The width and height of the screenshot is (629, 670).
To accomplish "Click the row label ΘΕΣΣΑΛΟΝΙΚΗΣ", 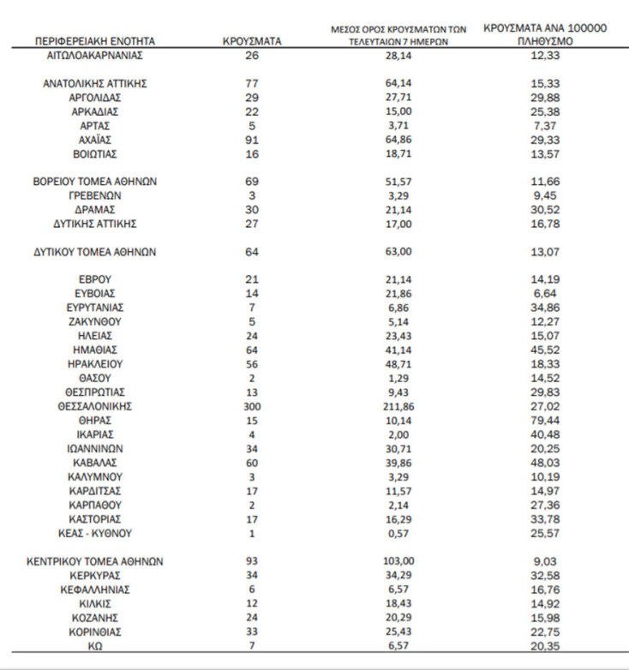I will pos(95,406).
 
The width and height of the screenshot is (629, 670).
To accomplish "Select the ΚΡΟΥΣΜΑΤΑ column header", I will pos(252,40).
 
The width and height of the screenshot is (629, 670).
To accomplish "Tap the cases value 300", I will pos(252,406).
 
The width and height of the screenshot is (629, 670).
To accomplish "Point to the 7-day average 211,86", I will pos(398,406).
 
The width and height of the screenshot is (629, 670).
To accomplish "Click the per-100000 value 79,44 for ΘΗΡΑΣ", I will pos(545,421).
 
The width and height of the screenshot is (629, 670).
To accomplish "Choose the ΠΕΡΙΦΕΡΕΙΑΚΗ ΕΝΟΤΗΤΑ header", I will pos(95,40).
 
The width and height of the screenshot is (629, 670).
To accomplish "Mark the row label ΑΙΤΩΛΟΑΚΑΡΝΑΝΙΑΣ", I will pos(95,55).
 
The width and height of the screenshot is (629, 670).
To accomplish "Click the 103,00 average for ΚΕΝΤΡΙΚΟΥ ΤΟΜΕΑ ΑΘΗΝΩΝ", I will pos(398,561).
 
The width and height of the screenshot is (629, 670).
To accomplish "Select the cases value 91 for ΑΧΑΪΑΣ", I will pos(252,140).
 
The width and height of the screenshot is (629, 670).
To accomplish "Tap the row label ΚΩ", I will pos(95,645).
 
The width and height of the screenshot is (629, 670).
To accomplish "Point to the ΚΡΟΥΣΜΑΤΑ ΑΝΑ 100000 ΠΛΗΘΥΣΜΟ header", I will pos(545,33).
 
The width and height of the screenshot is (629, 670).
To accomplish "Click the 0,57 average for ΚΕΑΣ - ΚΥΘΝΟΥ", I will pos(398,533).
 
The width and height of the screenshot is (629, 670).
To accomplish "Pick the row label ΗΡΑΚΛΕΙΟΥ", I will pos(95,364).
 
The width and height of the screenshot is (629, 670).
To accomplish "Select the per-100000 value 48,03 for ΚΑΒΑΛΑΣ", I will pos(545,463).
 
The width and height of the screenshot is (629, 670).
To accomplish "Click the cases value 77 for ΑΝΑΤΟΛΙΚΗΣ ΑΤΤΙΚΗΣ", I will pos(252,83).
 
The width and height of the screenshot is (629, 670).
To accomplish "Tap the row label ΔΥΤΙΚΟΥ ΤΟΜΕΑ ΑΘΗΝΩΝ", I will pos(95,252).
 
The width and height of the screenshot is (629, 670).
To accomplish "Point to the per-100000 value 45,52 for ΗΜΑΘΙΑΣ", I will pos(545,350).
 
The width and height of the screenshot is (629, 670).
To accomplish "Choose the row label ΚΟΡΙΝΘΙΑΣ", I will pos(95,631).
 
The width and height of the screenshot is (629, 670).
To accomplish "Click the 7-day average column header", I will pos(398,34).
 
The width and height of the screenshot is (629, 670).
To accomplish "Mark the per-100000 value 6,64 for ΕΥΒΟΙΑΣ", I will pos(545,294).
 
